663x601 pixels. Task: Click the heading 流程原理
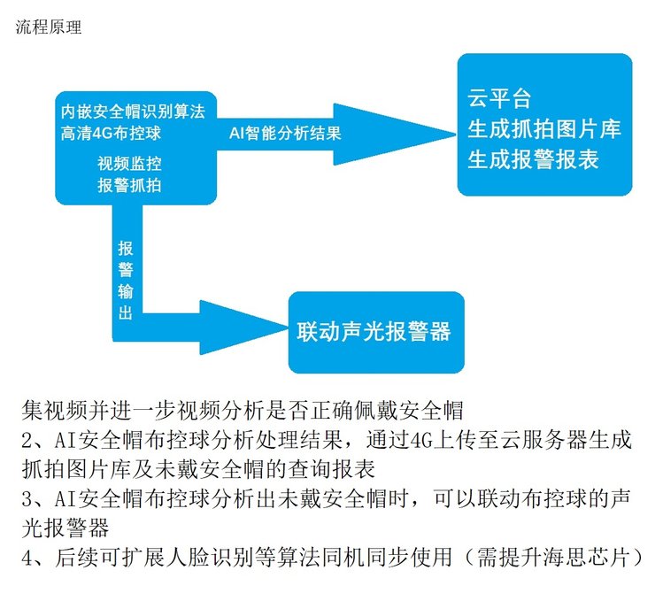pyautogui.click(x=49, y=27)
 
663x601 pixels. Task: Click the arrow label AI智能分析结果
pyautogui.click(x=284, y=134)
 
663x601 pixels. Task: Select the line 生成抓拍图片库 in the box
pyautogui.click(x=544, y=128)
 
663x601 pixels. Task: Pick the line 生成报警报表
pyautogui.click(x=532, y=159)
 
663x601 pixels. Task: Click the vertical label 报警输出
pyautogui.click(x=125, y=280)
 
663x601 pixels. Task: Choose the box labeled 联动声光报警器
pyautogui.click(x=374, y=332)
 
